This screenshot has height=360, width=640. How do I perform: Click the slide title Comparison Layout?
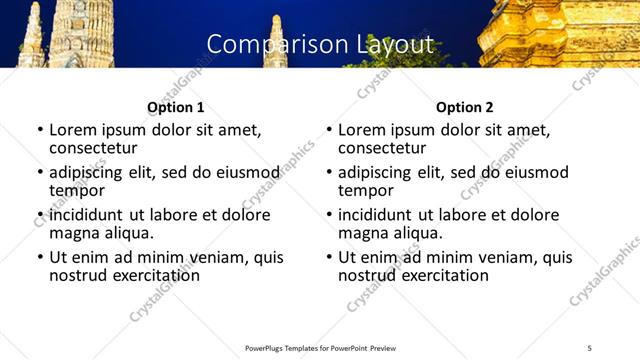(x=320, y=44)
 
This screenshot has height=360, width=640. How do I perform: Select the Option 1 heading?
(x=175, y=107)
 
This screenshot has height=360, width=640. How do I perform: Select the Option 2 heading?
(x=465, y=107)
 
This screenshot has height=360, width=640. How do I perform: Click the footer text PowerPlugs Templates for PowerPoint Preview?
(x=320, y=348)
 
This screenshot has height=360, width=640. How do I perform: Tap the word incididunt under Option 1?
(x=86, y=215)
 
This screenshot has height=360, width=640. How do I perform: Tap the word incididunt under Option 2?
(x=375, y=215)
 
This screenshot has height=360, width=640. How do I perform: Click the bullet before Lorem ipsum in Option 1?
(x=39, y=131)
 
